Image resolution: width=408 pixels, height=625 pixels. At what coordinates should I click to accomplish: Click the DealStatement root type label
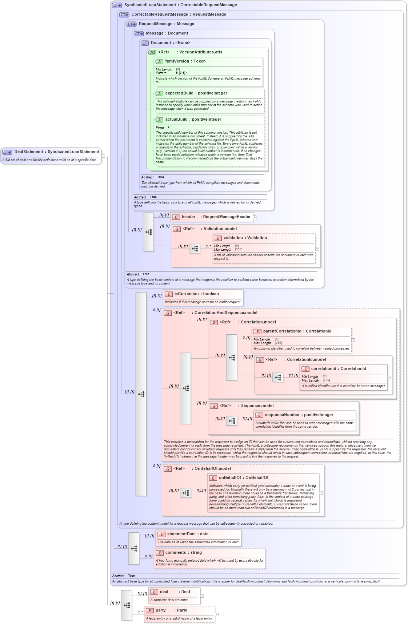point(56,152)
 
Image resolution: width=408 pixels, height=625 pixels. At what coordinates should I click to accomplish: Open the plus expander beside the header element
point(255,217)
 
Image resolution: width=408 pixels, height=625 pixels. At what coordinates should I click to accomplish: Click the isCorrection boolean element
point(196,294)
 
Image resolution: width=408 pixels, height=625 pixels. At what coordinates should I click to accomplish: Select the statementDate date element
point(187,534)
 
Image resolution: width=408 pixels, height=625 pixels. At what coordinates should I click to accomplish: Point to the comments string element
point(183,553)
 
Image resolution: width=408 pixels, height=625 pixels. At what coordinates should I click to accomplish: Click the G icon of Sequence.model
point(214,406)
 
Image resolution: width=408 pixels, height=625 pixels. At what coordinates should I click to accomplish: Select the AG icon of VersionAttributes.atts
point(152,53)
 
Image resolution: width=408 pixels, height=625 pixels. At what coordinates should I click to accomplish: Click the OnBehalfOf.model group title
point(212,469)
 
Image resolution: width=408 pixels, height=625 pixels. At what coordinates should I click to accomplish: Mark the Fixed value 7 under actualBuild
point(168,128)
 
